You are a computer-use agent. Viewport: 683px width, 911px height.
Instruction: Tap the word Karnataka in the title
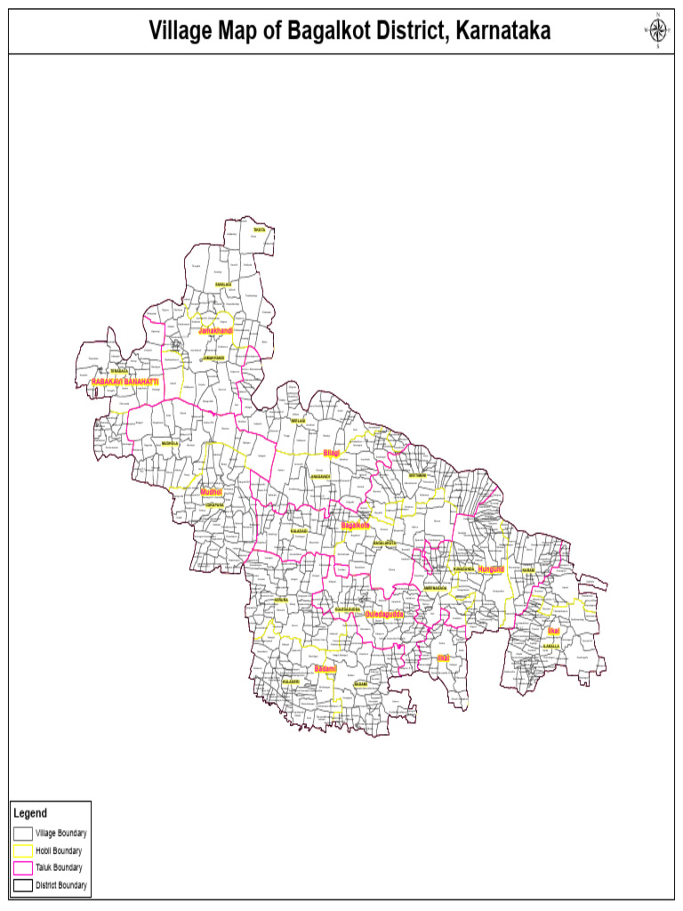tap(503, 32)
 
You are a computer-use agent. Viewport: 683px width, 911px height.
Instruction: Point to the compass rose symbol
tap(657, 31)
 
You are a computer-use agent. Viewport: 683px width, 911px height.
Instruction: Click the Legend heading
tap(30, 813)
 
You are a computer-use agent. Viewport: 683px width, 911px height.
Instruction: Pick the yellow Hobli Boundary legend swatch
tap(23, 851)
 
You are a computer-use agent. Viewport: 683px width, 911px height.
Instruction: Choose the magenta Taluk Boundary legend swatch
tap(23, 867)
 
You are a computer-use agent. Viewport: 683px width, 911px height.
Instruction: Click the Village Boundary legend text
tap(60, 834)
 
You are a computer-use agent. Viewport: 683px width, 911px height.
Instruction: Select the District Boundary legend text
tap(61, 885)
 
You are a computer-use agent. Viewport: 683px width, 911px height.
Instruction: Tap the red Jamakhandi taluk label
tap(215, 331)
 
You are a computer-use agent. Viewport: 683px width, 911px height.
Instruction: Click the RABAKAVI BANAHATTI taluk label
tap(125, 382)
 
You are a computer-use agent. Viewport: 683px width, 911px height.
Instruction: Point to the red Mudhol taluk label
tap(211, 492)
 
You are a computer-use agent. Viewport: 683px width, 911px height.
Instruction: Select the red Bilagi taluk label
tap(332, 454)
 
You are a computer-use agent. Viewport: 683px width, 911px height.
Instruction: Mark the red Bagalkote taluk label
tap(355, 526)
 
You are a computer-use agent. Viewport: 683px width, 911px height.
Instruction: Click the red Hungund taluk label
tap(491, 568)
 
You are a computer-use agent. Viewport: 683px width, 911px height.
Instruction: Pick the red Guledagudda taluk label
tap(385, 614)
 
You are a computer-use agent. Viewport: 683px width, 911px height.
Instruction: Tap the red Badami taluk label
tap(325, 668)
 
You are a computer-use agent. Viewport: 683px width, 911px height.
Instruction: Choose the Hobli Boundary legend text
tap(59, 851)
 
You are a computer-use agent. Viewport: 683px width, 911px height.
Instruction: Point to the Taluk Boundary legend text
tap(59, 867)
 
